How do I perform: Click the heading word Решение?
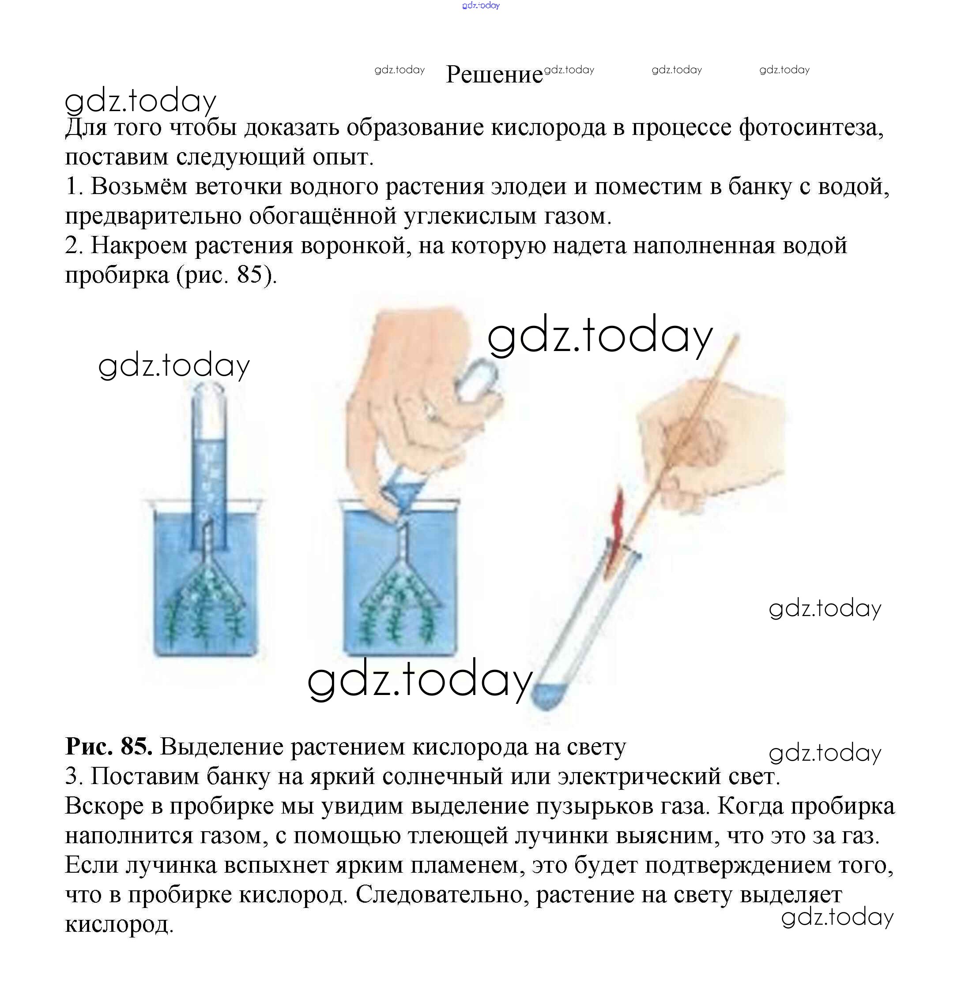(x=494, y=75)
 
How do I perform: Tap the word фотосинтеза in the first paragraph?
(x=811, y=128)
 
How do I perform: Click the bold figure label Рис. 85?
(x=109, y=747)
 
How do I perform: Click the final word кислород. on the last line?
(x=119, y=925)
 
